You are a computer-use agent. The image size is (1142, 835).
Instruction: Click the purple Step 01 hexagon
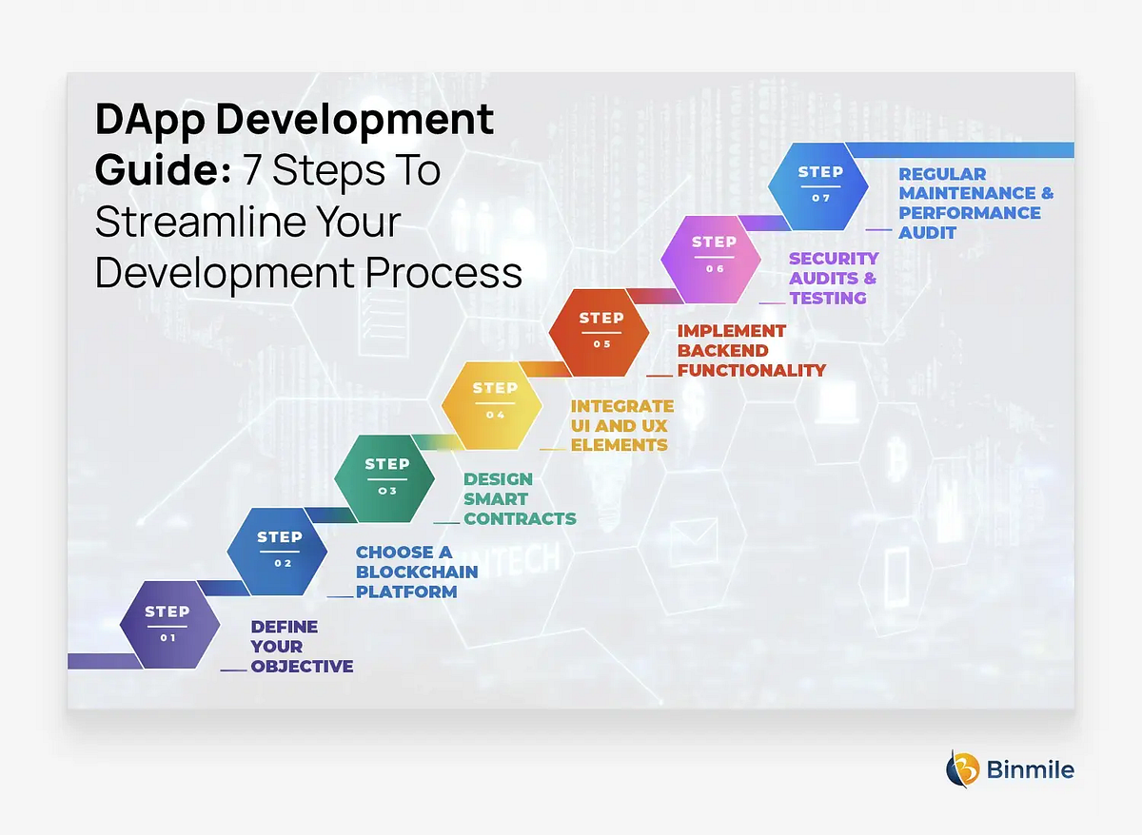pos(168,624)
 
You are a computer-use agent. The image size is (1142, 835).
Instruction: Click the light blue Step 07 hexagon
pos(819,184)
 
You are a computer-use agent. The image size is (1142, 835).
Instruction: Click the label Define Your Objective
pos(302,647)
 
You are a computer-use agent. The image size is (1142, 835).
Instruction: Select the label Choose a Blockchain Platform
pos(416,572)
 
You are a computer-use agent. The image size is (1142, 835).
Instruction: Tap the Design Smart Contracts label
pos(520,498)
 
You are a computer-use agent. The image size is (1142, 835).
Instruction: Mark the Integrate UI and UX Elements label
pos(622,425)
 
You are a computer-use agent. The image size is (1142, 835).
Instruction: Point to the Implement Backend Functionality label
pos(751,350)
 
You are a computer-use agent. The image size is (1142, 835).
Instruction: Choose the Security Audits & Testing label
pos(834,278)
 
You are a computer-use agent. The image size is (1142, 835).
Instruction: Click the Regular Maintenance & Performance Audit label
pos(975,203)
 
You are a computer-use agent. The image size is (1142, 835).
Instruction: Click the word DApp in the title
pos(150,121)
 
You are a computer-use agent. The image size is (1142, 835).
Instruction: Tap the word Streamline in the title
pos(195,222)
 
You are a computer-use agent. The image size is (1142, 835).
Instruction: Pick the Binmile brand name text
pos(1031,768)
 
